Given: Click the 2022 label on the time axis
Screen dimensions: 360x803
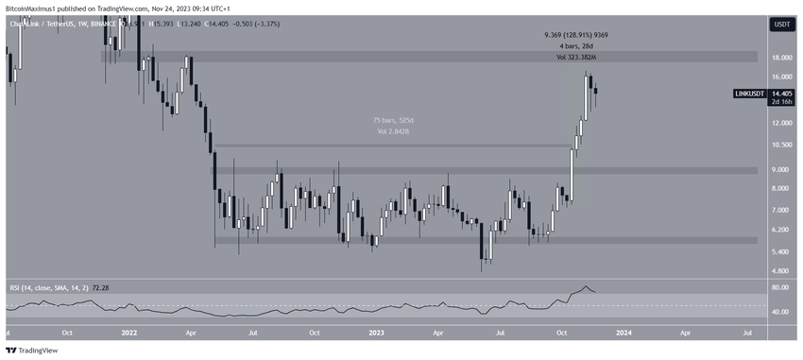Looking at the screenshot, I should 129,333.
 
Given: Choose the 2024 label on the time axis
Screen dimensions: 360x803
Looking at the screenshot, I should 624,333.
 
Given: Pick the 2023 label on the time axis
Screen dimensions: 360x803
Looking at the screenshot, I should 377,333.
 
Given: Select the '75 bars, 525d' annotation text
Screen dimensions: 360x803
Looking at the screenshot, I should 390,120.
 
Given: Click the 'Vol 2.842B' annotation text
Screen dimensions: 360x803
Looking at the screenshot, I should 390,132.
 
